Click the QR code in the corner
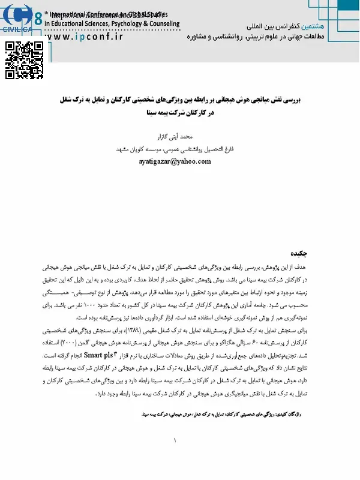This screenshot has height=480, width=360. (x=23, y=60)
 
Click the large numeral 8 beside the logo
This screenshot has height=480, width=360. (x=38, y=19)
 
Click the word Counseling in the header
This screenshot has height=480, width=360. (x=161, y=24)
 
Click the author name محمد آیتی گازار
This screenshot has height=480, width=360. (x=179, y=137)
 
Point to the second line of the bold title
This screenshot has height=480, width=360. (x=179, y=113)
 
